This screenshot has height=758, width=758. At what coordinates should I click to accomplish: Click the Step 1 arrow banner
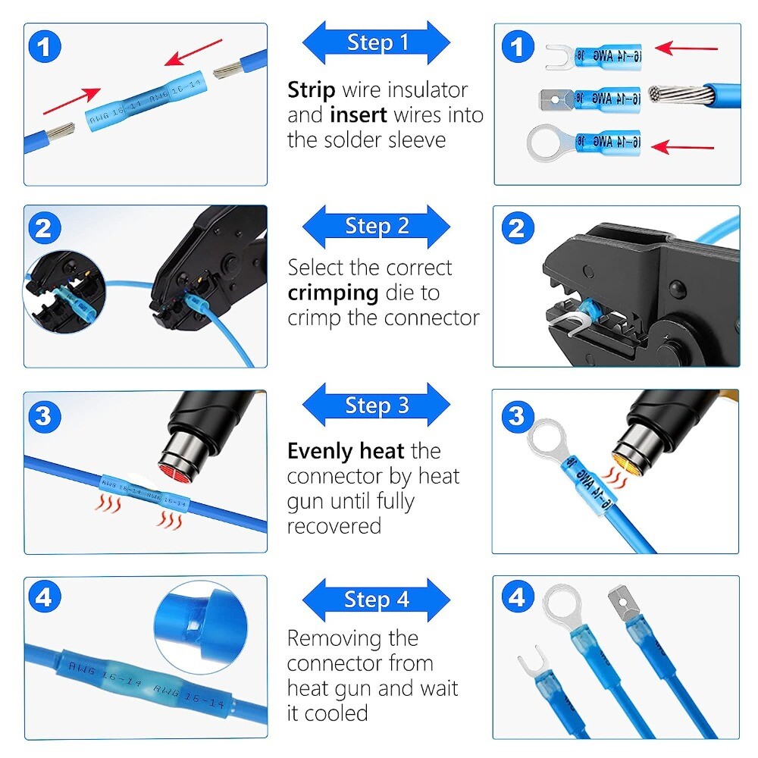click(377, 42)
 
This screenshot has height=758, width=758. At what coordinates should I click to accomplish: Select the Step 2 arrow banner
click(377, 226)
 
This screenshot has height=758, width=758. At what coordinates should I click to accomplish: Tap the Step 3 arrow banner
click(377, 406)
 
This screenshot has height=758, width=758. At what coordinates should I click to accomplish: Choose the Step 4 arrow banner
click(377, 600)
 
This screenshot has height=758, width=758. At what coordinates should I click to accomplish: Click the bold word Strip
click(311, 90)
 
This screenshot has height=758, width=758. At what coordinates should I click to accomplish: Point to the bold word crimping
click(332, 293)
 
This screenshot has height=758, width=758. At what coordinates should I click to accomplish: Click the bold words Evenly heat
click(345, 452)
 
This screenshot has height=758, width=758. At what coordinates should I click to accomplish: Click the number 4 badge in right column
click(516, 599)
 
